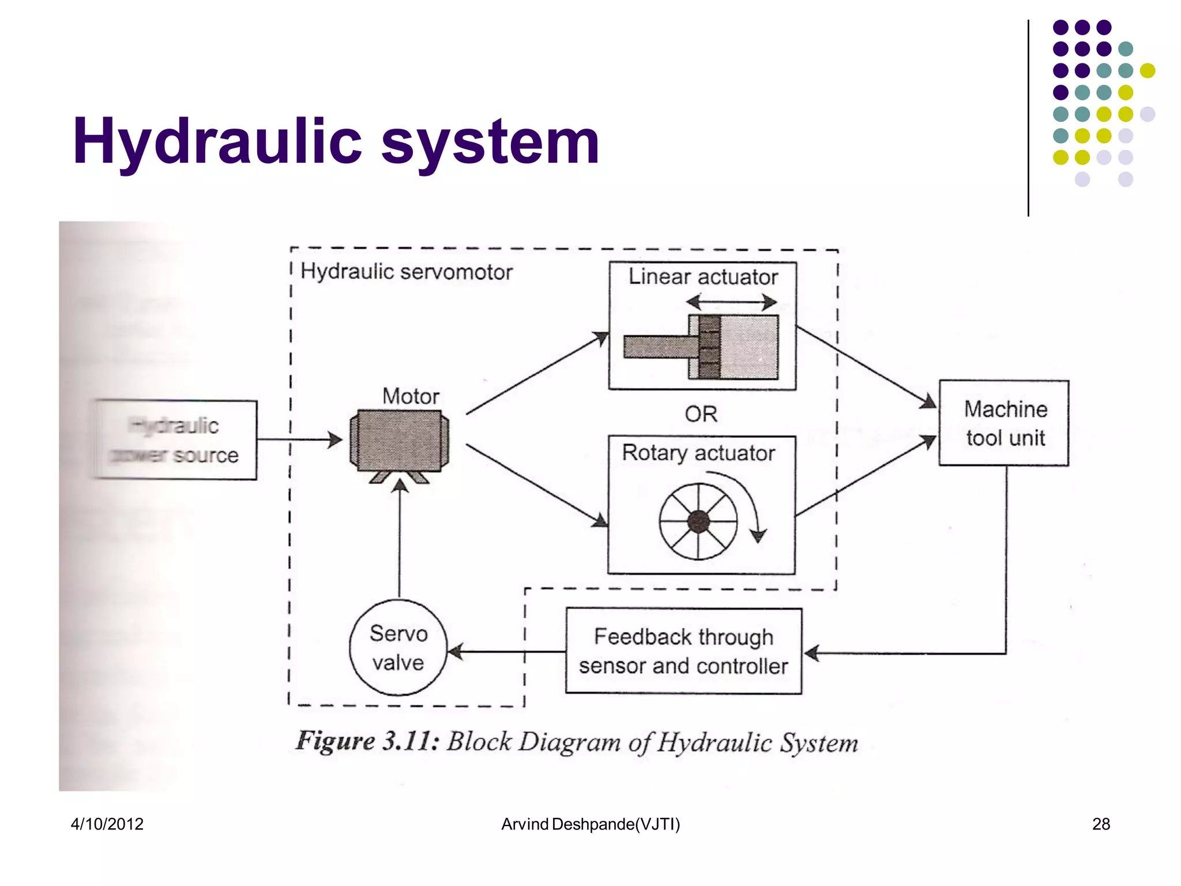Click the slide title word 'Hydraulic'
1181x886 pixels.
click(x=217, y=142)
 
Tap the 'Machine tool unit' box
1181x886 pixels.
click(x=1004, y=423)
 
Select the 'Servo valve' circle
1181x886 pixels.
click(x=398, y=647)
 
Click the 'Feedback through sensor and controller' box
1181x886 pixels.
click(x=683, y=651)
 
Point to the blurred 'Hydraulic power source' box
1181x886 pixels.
click(x=175, y=440)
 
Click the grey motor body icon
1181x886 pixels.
click(x=399, y=440)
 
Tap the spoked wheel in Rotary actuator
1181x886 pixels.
click(x=698, y=521)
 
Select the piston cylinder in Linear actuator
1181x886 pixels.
click(x=732, y=347)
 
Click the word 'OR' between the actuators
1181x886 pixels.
click(x=701, y=414)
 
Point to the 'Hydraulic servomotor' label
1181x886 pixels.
click(x=406, y=272)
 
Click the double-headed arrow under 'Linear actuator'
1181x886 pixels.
click(x=731, y=302)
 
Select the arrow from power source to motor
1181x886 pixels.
click(x=300, y=440)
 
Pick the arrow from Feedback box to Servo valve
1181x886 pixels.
click(x=506, y=652)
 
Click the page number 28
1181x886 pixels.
click(x=1100, y=824)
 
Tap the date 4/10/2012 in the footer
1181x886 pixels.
click(x=107, y=824)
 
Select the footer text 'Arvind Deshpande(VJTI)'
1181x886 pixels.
click(x=590, y=824)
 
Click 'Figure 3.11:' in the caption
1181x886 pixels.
click(x=367, y=741)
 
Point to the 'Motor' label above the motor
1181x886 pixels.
click(x=411, y=396)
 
